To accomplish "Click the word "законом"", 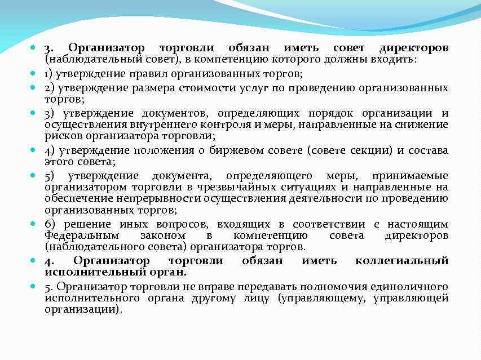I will coord(164,235).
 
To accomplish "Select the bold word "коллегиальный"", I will coord(402,260).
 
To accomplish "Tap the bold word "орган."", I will coord(164,272).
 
